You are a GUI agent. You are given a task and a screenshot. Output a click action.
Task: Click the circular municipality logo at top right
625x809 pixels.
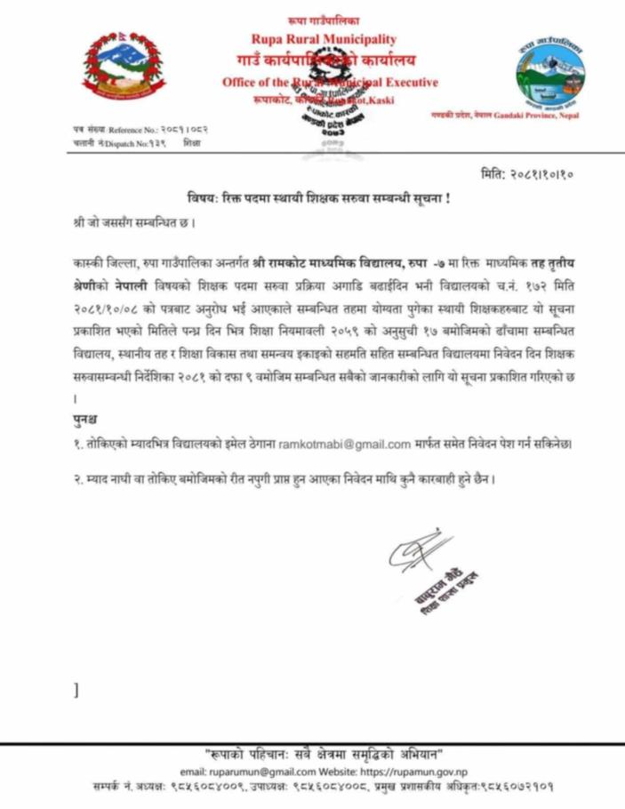click(553, 73)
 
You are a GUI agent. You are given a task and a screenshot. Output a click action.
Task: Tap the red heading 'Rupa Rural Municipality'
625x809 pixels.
click(323, 40)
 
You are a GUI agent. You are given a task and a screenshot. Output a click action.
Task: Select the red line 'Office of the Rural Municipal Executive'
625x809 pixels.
click(329, 83)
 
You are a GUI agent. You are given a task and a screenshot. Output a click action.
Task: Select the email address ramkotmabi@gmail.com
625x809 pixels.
click(345, 443)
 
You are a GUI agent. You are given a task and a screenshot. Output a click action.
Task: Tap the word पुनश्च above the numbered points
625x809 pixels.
click(85, 419)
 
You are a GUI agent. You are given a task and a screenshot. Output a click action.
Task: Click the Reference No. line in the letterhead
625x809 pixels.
click(140, 130)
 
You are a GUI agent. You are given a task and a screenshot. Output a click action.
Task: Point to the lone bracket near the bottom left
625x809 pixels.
click(77, 688)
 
